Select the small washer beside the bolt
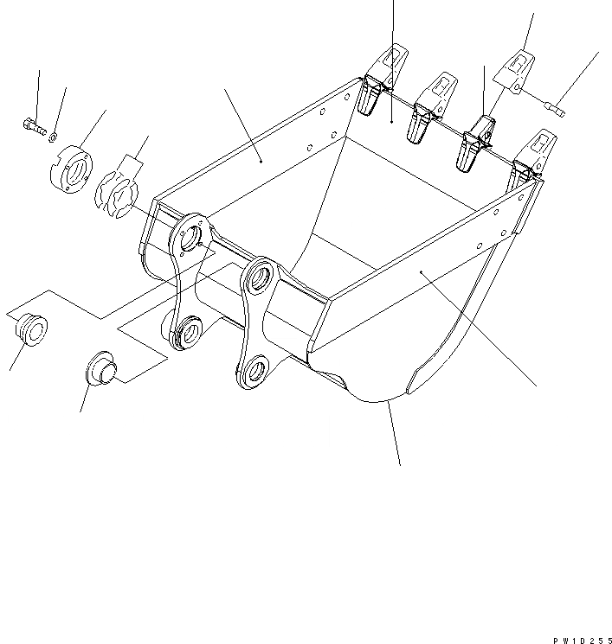click(x=54, y=134)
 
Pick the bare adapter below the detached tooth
click(x=474, y=143)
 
